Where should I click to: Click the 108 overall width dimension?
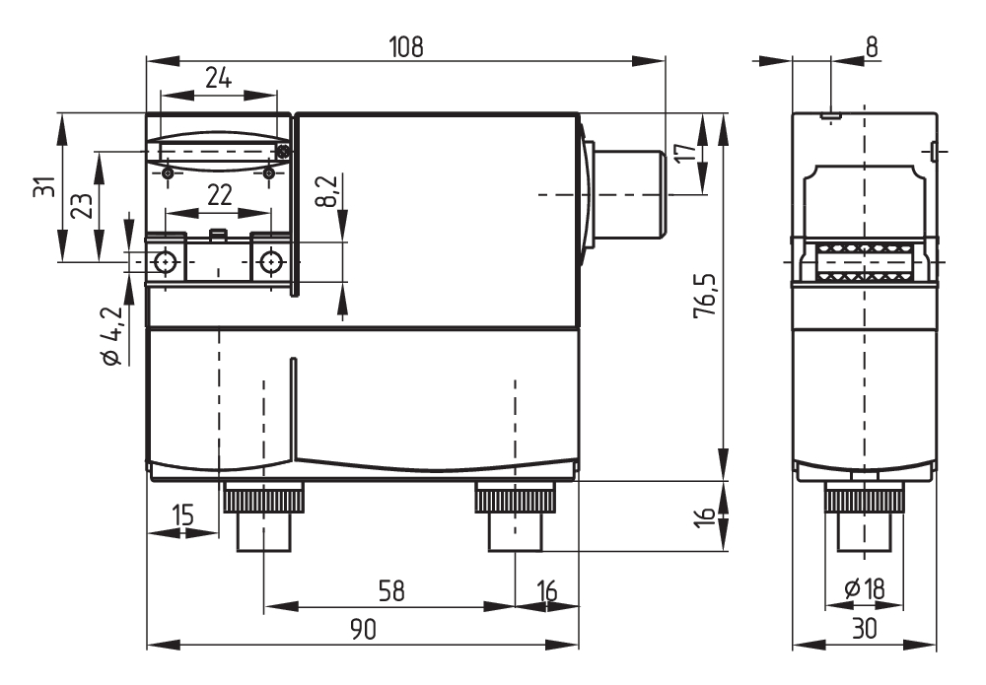(405, 46)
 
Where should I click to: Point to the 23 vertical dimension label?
(83, 205)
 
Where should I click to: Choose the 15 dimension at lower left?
(180, 515)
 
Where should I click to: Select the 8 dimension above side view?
(872, 46)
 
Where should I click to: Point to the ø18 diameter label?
(865, 589)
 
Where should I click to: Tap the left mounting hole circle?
(166, 261)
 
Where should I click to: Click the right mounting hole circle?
(270, 261)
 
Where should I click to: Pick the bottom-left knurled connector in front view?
(264, 517)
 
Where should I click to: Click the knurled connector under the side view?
(864, 517)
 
